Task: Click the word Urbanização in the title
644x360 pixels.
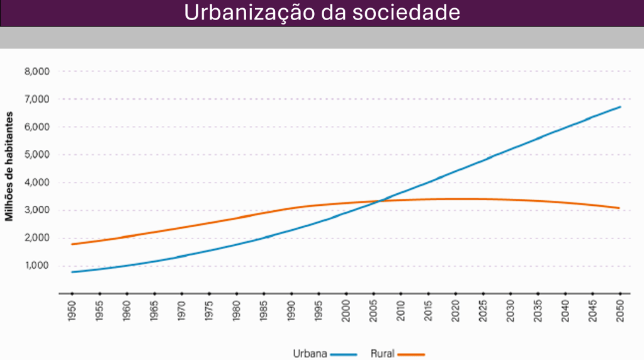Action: click(x=242, y=13)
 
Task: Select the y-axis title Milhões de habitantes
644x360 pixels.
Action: click(x=9, y=167)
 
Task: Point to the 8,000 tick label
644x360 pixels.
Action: click(x=37, y=71)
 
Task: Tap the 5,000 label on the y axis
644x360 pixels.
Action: click(x=37, y=155)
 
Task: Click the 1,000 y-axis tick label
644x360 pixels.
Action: click(x=37, y=266)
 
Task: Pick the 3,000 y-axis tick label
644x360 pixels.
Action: click(x=37, y=210)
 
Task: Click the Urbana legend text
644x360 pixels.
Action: click(x=310, y=354)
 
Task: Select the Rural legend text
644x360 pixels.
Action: click(x=382, y=354)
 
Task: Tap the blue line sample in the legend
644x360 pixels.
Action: click(x=343, y=354)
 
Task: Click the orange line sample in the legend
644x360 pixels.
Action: click(x=412, y=354)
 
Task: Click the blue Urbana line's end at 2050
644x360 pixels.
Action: click(x=620, y=107)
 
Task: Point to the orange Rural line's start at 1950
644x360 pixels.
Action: click(x=72, y=244)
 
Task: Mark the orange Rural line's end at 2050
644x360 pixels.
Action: click(x=620, y=208)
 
